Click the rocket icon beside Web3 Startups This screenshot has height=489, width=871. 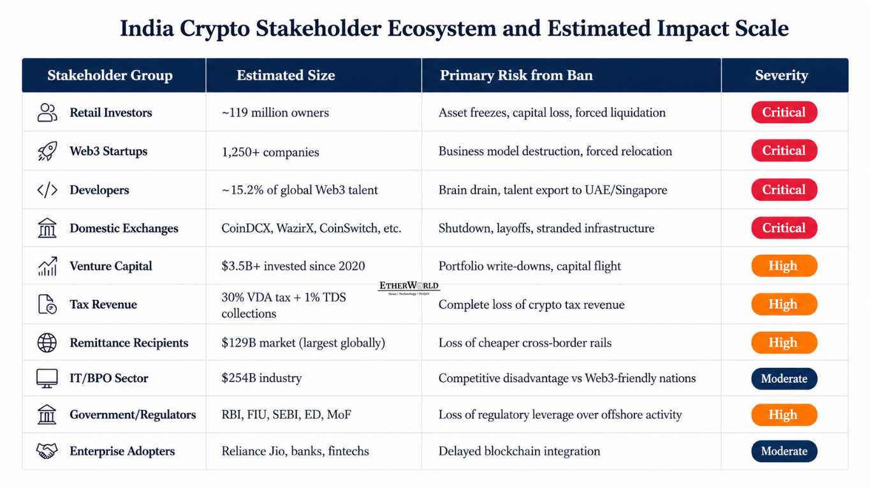[47, 151]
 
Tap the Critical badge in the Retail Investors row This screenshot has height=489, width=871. [784, 112]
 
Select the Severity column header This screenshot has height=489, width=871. [782, 75]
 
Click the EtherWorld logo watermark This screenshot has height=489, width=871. [409, 288]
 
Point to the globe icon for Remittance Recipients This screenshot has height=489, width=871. [47, 343]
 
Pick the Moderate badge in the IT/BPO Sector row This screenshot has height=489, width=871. [784, 378]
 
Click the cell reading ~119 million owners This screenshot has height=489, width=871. [275, 113]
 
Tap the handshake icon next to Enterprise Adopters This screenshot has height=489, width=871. [47, 451]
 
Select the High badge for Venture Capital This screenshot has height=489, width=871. [784, 266]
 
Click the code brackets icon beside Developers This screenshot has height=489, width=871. [47, 190]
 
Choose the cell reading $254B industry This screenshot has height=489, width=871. [261, 378]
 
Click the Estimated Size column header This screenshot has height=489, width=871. [286, 75]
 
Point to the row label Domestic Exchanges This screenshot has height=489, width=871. [124, 228]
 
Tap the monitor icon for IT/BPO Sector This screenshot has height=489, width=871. [47, 378]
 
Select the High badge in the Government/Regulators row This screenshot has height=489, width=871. [784, 415]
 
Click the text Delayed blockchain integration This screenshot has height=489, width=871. [520, 451]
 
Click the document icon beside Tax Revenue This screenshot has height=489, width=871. [47, 304]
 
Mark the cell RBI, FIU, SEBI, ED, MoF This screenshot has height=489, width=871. [286, 415]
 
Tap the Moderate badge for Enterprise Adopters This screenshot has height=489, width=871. [784, 451]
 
